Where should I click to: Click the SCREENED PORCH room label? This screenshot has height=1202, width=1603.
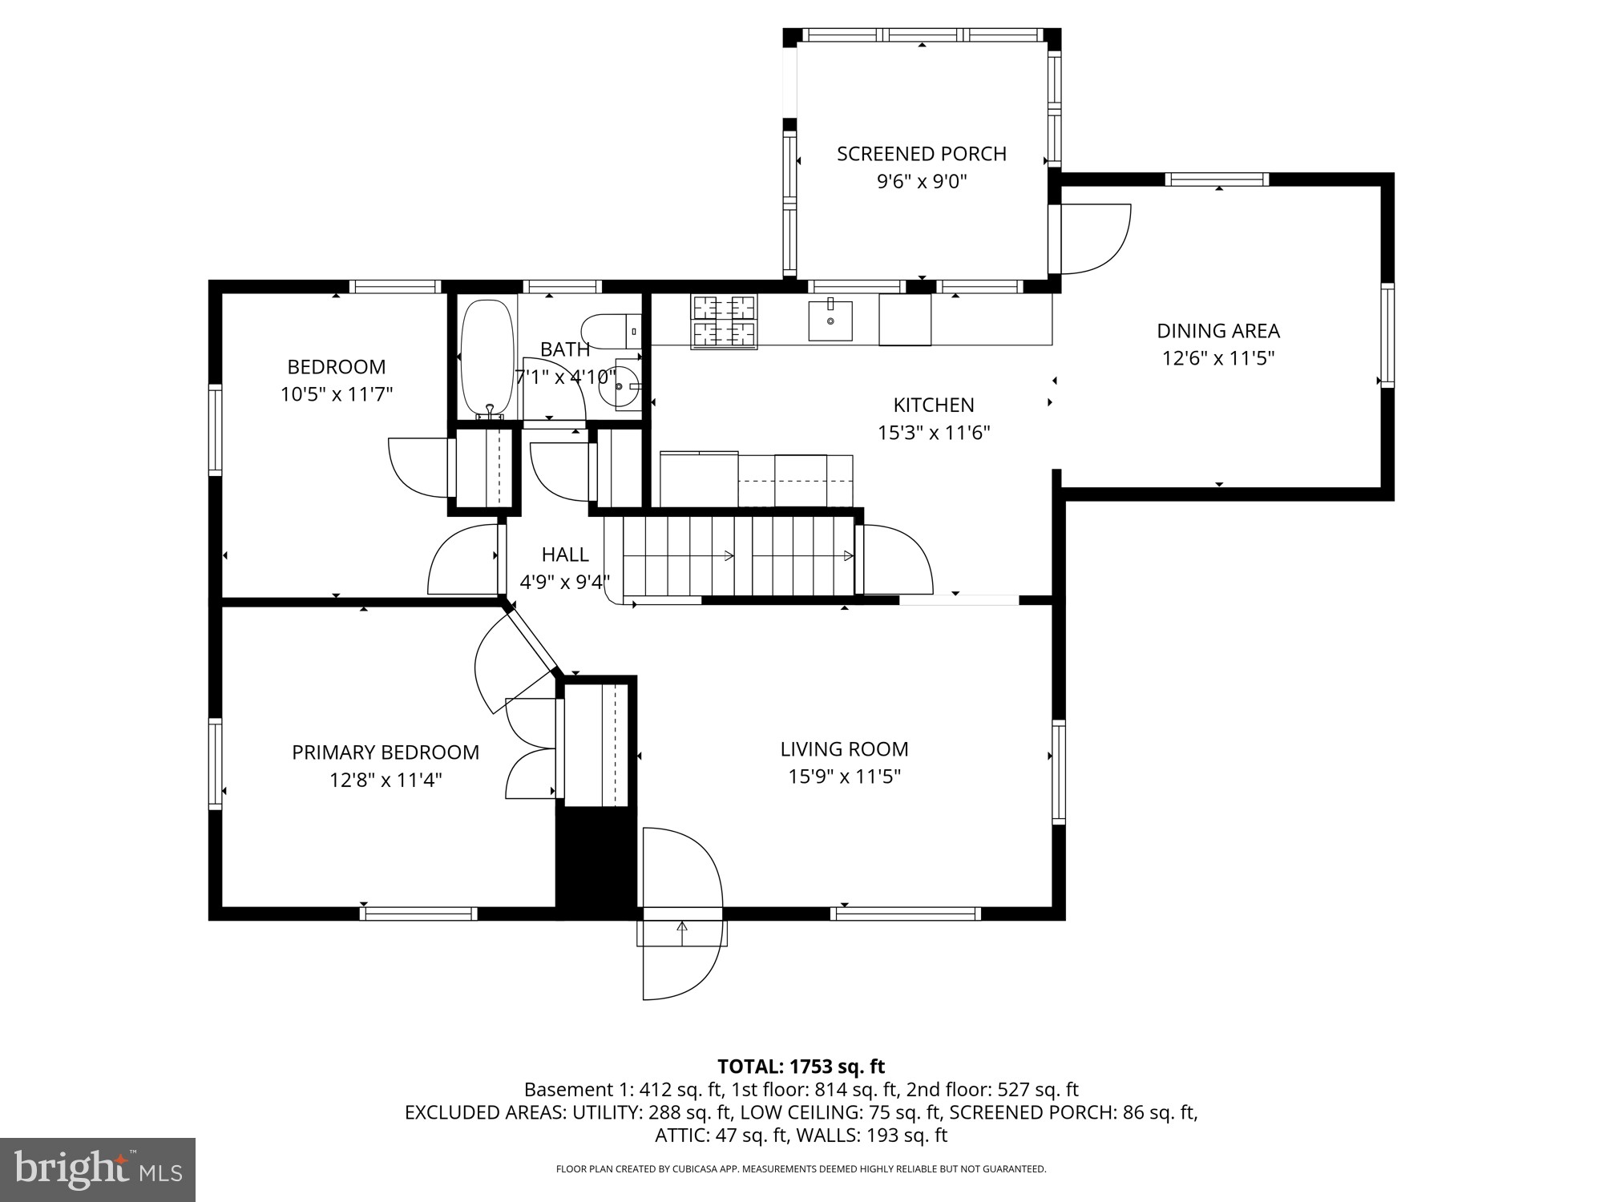click(x=921, y=154)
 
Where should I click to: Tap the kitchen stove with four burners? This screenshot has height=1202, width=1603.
click(x=725, y=321)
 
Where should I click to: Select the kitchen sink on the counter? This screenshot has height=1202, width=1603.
click(x=830, y=319)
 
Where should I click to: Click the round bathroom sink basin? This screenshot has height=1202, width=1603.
click(x=625, y=387)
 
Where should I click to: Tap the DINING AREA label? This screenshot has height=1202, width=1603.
click(x=1217, y=330)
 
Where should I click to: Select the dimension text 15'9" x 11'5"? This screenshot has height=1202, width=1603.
click(x=844, y=776)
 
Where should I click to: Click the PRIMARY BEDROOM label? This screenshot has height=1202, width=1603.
click(x=385, y=752)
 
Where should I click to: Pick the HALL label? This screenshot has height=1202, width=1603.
click(x=565, y=555)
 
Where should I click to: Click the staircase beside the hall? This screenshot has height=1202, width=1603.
click(x=737, y=556)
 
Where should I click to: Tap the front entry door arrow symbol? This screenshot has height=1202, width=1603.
click(x=682, y=930)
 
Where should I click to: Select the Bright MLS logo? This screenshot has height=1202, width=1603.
click(x=98, y=1170)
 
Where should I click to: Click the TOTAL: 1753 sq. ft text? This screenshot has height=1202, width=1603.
click(x=801, y=1067)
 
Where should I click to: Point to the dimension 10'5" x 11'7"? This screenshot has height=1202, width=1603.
click(x=336, y=394)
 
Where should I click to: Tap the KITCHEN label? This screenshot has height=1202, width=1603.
click(x=934, y=405)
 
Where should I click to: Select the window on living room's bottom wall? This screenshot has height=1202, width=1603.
click(x=906, y=914)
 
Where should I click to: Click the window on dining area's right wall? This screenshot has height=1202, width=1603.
click(x=1387, y=336)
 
